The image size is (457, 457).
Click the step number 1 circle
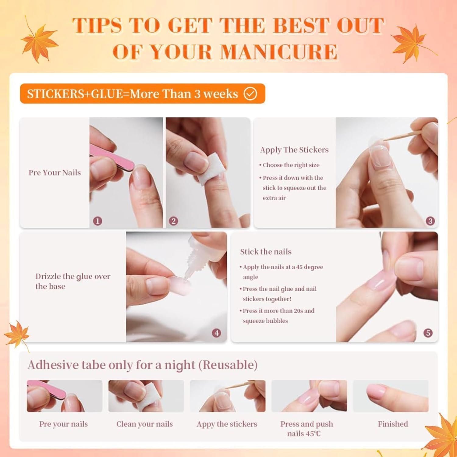(97, 221)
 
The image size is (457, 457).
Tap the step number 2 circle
(174, 221)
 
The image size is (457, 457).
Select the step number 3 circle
(430, 221)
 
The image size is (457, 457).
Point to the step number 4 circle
(217, 333)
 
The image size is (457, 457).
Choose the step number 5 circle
(428, 333)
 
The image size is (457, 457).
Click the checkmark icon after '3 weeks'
(250, 94)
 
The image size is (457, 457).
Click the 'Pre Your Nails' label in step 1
(55, 172)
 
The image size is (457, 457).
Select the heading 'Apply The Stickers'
(294, 150)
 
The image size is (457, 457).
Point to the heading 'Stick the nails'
(266, 251)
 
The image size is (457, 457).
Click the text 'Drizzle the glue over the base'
(73, 281)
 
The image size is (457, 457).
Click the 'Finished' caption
(393, 424)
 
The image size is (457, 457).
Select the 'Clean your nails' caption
(144, 424)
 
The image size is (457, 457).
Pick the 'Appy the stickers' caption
(227, 424)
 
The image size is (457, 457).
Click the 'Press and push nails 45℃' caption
(306, 429)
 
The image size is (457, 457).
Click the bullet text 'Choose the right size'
(291, 165)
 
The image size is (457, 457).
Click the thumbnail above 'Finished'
(391, 396)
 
